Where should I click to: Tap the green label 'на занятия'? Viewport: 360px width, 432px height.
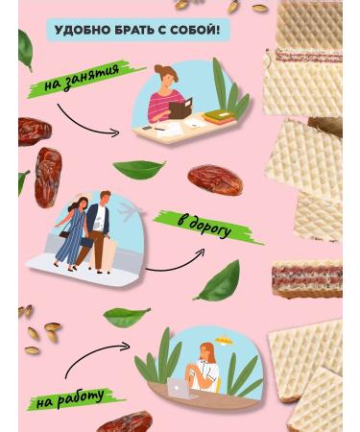83,78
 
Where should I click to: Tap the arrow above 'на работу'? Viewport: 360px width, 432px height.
93,355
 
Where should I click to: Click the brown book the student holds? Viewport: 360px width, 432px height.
180,109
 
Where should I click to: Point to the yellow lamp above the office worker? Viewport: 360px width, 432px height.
224,340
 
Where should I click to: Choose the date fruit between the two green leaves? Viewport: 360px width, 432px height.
215,180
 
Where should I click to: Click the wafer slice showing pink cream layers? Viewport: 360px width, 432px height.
306,279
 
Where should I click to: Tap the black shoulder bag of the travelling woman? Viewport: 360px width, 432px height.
64,234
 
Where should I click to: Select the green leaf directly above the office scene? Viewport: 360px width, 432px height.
126,316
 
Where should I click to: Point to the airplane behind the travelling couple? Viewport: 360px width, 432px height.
131,210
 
